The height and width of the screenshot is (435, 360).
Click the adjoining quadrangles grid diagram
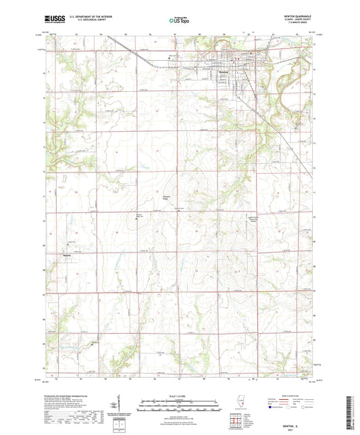click(261, 405)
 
